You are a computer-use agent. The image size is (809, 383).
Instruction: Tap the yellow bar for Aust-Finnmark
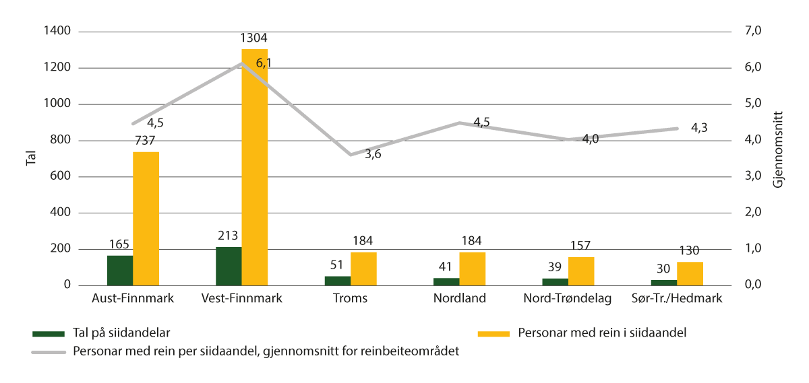coord(146,219)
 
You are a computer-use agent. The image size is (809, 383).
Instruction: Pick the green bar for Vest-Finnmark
coord(229,266)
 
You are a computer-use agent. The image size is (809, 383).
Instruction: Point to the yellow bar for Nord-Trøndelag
coord(581,271)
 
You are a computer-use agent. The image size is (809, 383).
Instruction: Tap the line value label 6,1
coord(265,63)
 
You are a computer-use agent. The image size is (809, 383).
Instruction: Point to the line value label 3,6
coord(373,155)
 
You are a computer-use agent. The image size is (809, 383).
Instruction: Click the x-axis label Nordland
coord(459,299)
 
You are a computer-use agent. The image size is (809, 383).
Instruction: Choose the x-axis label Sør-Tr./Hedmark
coord(677,299)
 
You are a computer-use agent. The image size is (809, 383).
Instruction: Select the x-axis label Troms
coord(350,299)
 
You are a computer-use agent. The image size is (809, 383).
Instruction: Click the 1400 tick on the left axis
coord(59,32)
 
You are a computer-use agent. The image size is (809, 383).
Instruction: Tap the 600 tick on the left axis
coord(62,177)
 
